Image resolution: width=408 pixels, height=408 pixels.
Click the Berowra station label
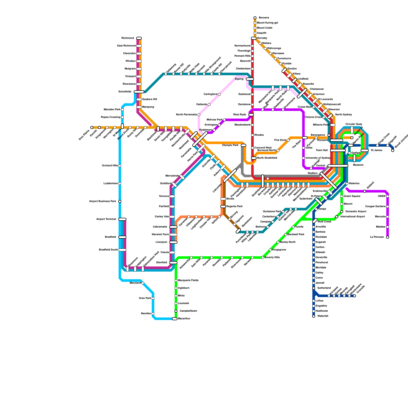[264, 18]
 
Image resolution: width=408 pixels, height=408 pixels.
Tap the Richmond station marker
[139, 38]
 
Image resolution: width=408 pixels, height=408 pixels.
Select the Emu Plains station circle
[92, 127]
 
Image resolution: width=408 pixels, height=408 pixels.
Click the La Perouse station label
[377, 237]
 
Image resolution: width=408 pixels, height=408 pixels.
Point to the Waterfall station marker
[314, 316]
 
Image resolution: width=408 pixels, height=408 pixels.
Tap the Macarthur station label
[184, 319]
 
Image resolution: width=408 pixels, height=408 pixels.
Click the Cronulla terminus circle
[354, 296]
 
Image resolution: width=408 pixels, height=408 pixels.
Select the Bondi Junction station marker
[393, 150]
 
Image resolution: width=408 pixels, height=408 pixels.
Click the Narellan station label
[146, 314]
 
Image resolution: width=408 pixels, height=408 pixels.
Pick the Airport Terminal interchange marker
[122, 219]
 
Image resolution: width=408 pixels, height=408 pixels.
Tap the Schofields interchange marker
[139, 92]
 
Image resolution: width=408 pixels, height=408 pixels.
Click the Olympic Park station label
[230, 145]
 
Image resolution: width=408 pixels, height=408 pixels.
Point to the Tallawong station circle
[166, 74]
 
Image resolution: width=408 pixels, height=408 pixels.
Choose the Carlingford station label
[210, 94]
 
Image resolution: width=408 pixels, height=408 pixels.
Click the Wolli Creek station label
[324, 222]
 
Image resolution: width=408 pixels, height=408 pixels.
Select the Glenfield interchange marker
[173, 263]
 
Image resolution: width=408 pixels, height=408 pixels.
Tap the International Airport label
[352, 217]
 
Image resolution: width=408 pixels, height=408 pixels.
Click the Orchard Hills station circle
[120, 166]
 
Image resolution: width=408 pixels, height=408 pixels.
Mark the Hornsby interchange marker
[254, 38]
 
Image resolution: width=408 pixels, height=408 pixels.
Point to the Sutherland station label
[324, 288]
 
